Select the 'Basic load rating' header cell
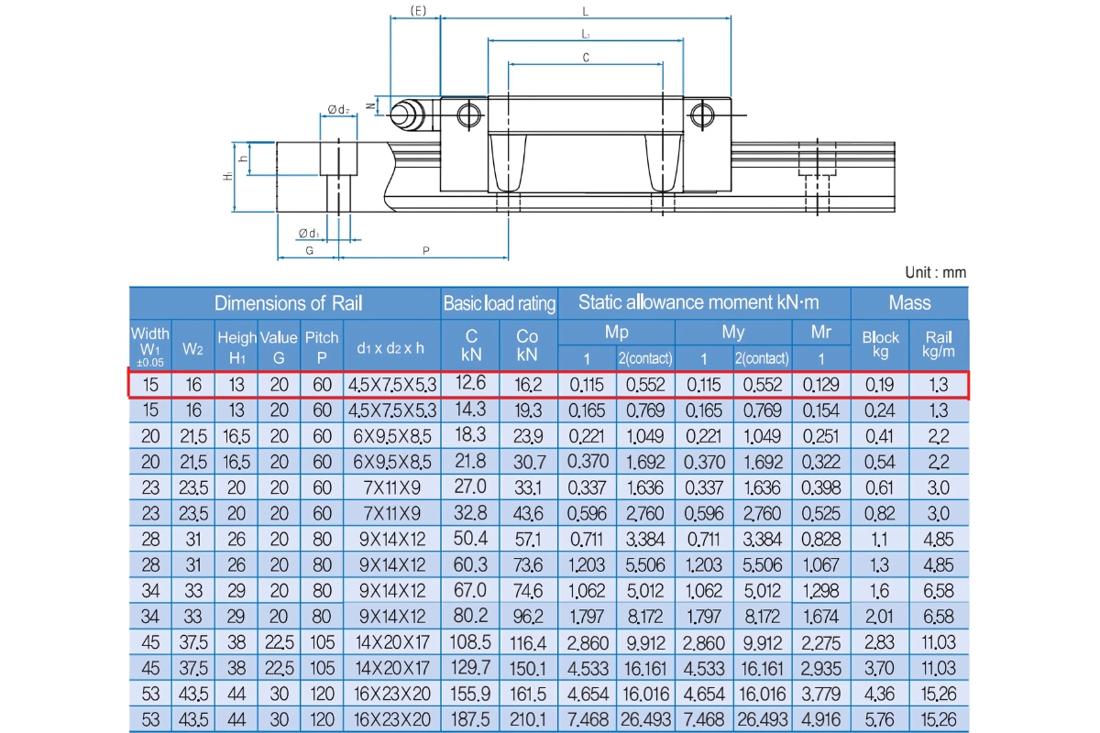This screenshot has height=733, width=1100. (500, 303)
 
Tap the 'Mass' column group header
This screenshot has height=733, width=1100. (909, 303)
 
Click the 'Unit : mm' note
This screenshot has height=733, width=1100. (935, 272)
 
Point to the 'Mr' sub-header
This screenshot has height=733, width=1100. (821, 333)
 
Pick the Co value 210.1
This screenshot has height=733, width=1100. (527, 717)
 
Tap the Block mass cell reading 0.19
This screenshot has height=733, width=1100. (881, 385)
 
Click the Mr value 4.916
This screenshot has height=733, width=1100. (821, 717)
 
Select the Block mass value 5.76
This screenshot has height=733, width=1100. (881, 717)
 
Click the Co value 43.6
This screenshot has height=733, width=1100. (527, 514)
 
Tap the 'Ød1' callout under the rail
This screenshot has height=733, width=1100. (309, 233)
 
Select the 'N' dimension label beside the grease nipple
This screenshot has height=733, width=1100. (369, 105)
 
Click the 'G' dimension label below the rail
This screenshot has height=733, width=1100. (309, 250)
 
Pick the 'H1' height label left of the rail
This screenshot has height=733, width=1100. (226, 176)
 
